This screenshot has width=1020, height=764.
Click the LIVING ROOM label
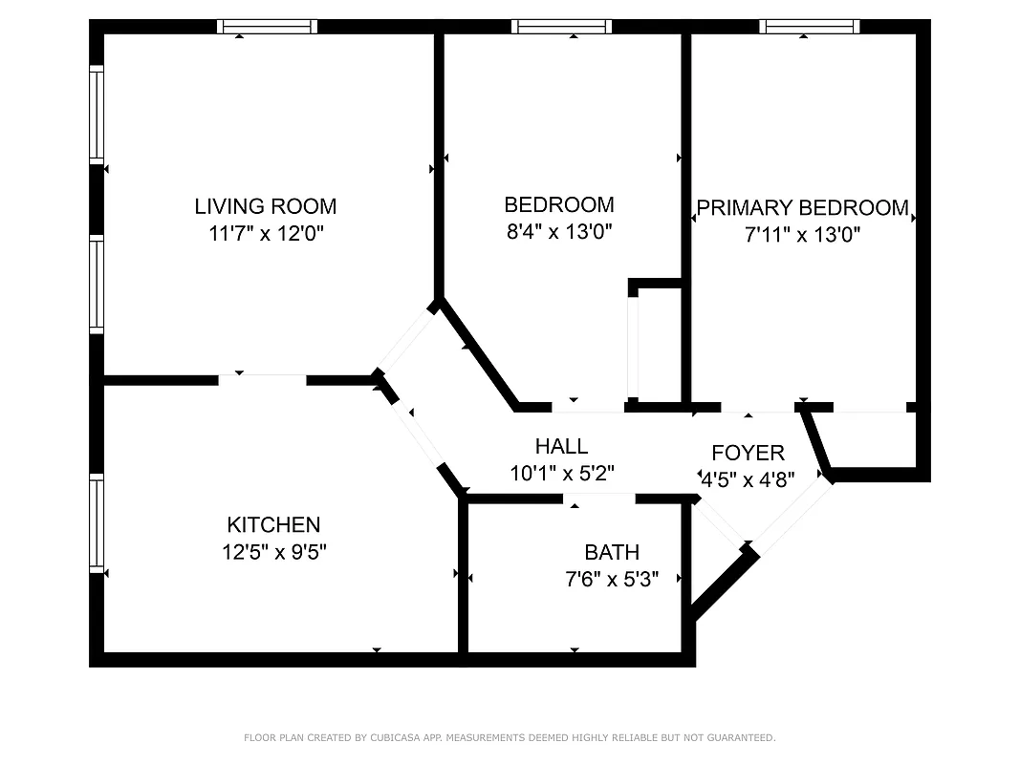point(265,206)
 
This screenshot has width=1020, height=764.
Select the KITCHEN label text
point(273,524)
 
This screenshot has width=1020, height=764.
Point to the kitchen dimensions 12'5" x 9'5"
point(273,551)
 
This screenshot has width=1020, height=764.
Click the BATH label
point(612,552)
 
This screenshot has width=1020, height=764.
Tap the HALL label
point(561,446)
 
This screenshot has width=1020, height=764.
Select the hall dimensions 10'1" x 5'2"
point(561,472)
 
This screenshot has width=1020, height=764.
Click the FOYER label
point(748,454)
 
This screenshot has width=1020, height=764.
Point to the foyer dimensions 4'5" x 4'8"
point(748,479)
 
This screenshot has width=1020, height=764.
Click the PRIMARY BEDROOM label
point(803,208)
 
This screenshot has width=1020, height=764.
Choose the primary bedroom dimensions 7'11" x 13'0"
point(803,234)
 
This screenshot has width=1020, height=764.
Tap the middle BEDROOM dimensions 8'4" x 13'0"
point(559,230)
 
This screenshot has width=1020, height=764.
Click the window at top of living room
point(267,27)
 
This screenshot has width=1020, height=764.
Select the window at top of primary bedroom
point(809,27)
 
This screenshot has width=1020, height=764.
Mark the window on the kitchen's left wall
point(97,522)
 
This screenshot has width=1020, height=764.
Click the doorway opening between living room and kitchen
point(262,379)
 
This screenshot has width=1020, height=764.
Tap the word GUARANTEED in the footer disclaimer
point(741,737)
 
